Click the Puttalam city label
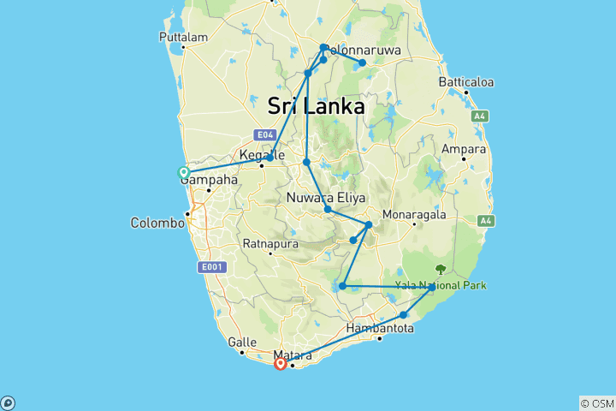coord(184,38)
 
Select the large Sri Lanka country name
coord(316,106)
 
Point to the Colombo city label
coord(157,223)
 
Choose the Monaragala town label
coord(413,214)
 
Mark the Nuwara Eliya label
coord(321,199)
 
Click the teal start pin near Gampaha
coord(183,172)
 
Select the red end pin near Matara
coord(280,363)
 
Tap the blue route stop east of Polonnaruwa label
coord(363,63)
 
